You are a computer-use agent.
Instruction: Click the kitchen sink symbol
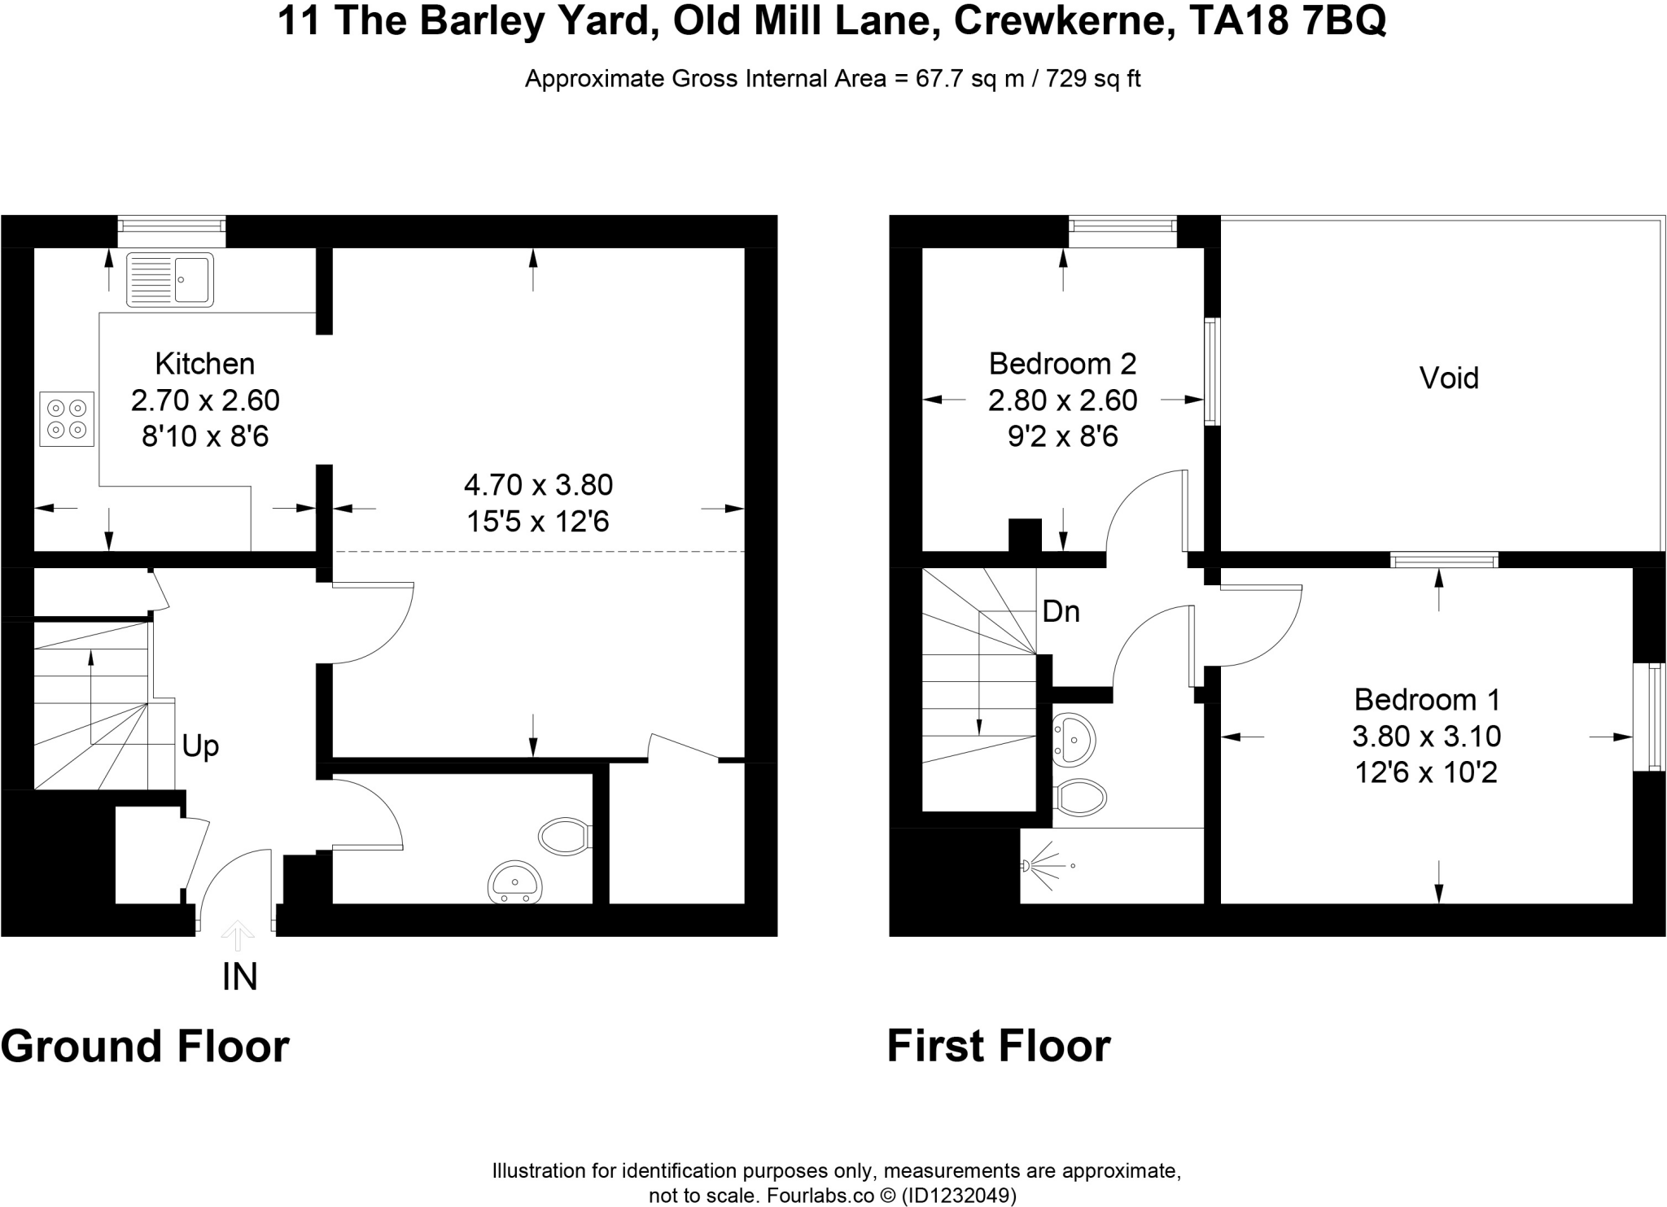tap(170, 279)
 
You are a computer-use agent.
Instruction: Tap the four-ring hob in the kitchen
tap(67, 419)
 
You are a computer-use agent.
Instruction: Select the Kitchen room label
tap(205, 363)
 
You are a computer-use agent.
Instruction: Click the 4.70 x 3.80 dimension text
tap(538, 485)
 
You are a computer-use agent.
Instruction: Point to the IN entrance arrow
tap(237, 936)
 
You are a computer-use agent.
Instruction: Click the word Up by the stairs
tap(200, 746)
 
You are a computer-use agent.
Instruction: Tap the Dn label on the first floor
tap(1061, 611)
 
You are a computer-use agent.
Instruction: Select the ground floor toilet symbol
tap(565, 836)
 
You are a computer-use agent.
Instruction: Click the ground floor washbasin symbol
tap(514, 882)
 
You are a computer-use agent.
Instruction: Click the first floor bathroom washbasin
tap(1074, 741)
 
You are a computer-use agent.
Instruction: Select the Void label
tap(1449, 378)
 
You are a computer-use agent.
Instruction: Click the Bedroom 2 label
tap(1062, 363)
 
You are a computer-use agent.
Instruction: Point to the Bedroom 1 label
tap(1427, 699)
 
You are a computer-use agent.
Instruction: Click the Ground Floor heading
tap(145, 1047)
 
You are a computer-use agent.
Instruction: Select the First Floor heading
tap(999, 1047)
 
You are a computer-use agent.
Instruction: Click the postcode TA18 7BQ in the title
tap(1288, 22)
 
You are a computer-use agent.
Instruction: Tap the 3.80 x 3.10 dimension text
tap(1427, 736)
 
